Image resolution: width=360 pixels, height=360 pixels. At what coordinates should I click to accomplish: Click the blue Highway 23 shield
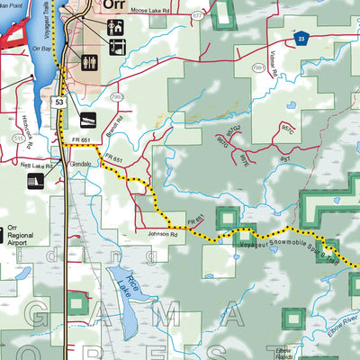pyautogui.click(x=303, y=38)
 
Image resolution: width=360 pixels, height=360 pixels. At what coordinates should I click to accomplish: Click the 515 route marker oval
pyautogui.click(x=18, y=139)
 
